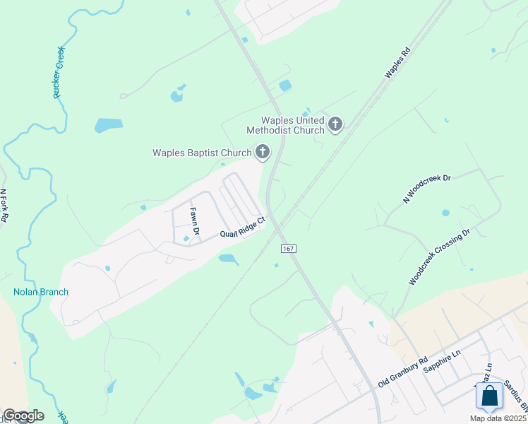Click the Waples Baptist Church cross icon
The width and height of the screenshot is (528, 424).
(x=262, y=152)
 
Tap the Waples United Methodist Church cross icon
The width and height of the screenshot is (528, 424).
(x=335, y=126)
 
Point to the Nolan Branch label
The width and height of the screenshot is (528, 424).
(x=40, y=291)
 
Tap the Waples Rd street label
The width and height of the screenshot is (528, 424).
(x=397, y=63)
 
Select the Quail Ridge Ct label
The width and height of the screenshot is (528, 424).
(x=242, y=228)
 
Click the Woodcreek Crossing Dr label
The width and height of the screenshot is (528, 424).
(x=439, y=257)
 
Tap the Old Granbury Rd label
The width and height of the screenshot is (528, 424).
(x=403, y=372)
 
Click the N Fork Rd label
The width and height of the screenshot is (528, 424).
(x=4, y=206)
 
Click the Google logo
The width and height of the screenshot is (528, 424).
(x=23, y=416)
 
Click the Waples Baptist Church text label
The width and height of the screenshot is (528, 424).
(x=203, y=153)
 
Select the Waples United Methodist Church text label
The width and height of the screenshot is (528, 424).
(x=285, y=125)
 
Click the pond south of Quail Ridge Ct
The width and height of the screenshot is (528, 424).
(x=228, y=259)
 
